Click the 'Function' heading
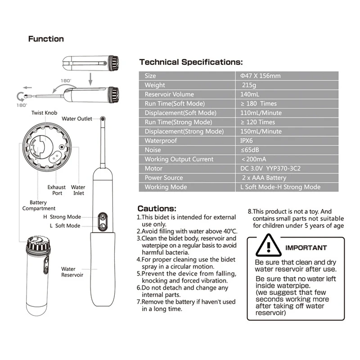tap(46, 39)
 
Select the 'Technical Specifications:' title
tap(191, 62)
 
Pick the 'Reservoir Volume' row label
tap(169, 94)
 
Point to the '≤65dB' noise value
tap(250, 150)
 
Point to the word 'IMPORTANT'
tap(306, 247)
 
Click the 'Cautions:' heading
tap(157, 208)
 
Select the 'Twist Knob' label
tap(45, 112)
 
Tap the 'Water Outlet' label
tap(76, 119)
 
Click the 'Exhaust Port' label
tap(57, 190)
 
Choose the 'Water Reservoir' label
tap(72, 272)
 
